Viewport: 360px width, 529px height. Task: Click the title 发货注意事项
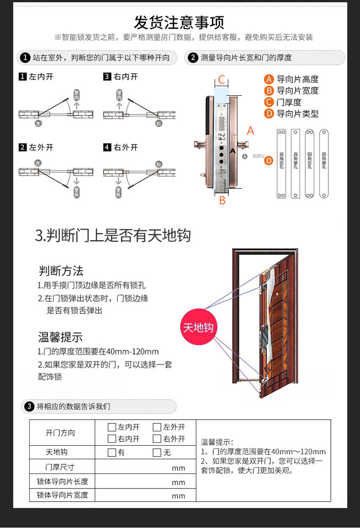pos(179,22)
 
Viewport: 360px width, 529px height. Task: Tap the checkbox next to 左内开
pos(112,427)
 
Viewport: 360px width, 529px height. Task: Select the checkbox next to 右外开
pos(157,439)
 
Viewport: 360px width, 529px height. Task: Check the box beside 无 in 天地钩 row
pos(157,452)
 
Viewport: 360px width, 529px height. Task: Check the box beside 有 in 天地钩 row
pos(112,452)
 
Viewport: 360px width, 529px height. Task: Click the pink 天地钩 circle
pos(198,327)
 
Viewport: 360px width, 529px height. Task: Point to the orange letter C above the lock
pos(221,80)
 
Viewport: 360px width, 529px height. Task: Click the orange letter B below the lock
pos(222,200)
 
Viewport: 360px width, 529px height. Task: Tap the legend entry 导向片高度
pos(292,79)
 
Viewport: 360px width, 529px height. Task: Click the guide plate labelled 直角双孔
pos(282,164)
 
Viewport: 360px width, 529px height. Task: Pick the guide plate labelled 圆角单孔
pos(324,164)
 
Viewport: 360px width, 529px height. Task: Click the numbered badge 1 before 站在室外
pos(26,57)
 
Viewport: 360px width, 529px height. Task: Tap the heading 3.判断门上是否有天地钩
pos(113,236)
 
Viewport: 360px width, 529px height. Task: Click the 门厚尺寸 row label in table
pos(60,467)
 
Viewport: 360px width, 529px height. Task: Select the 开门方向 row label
pos(60,433)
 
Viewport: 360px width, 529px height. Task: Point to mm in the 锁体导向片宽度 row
pos(178,496)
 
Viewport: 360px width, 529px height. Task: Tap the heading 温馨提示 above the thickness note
pos(60,338)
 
